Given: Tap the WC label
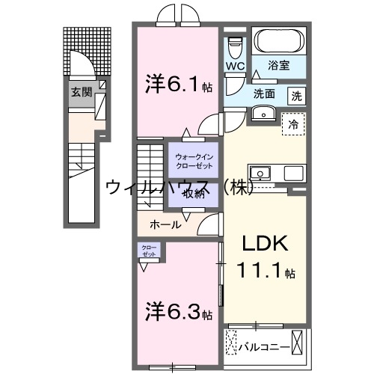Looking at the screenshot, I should pos(235,65).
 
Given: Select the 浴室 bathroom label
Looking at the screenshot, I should pos(279,66).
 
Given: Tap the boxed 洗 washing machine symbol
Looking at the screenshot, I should pos(297,95).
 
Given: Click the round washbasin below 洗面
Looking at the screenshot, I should pos(263,114).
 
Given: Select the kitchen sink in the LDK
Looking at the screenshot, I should pos(262,171).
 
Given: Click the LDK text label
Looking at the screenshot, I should pos(263,245).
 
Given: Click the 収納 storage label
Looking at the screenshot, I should pos(193,193).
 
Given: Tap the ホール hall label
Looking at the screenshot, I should pos(165,224).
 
